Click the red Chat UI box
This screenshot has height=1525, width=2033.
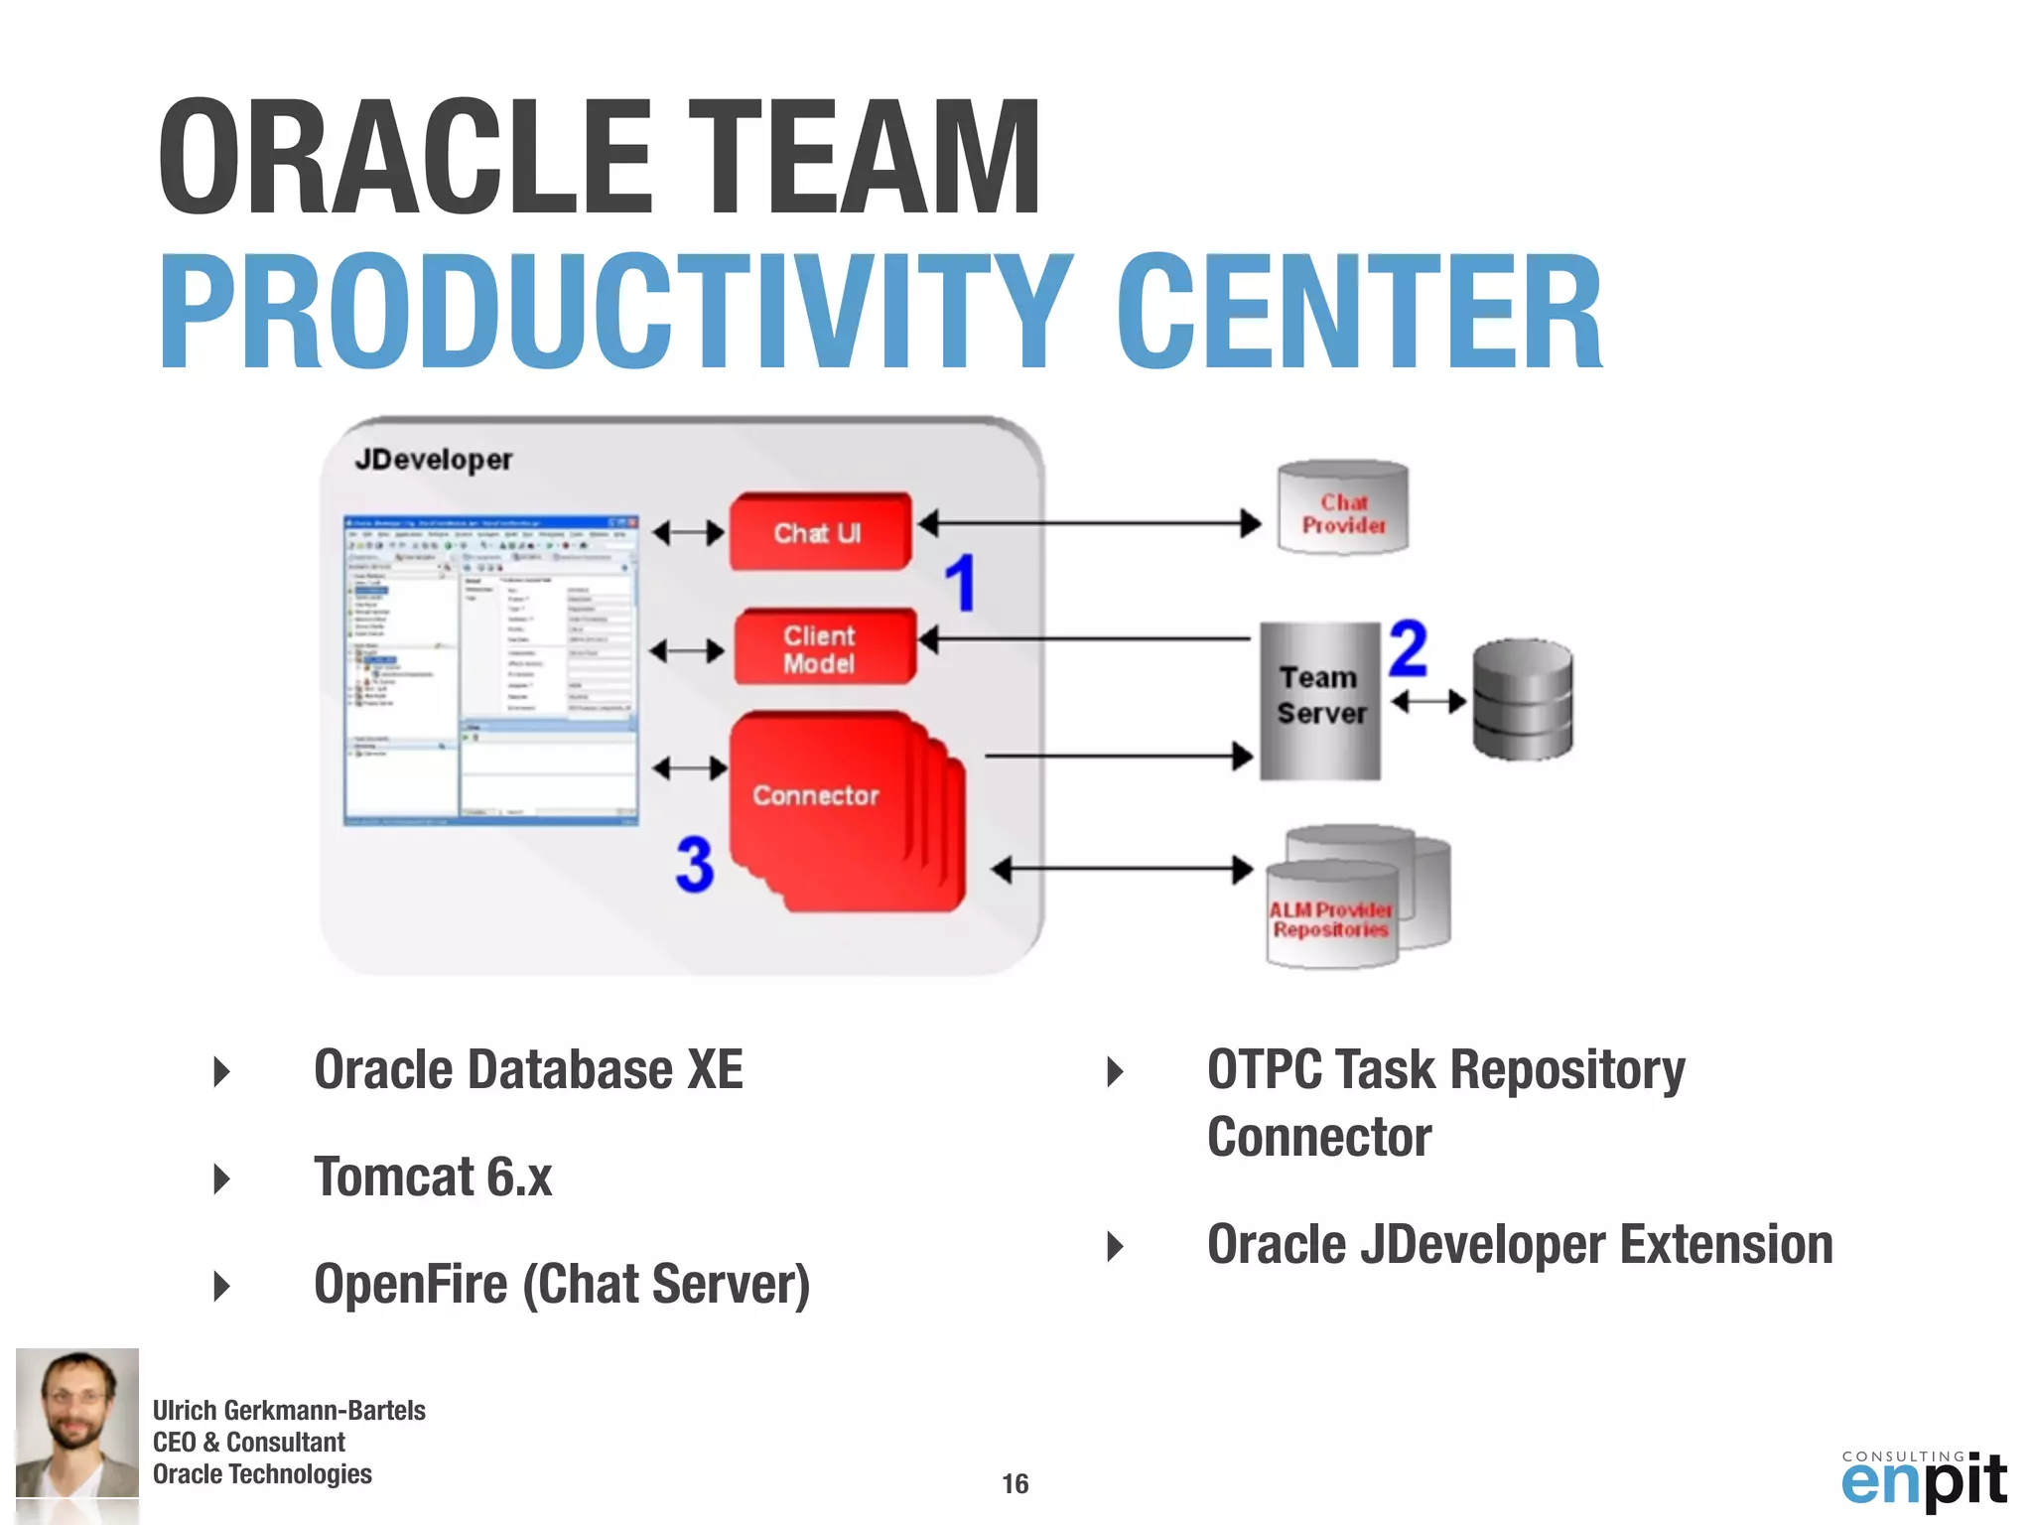coord(820,532)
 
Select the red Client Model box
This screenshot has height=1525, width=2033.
coord(823,648)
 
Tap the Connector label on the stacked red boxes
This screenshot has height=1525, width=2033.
coord(816,795)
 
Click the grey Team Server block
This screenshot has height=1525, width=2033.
coord(1320,700)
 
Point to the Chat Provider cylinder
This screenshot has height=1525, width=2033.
coord(1342,508)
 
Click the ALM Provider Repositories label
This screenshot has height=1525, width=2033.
coord(1330,919)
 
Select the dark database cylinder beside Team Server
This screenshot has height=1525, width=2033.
coord(1521,701)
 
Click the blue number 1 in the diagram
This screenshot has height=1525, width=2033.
coord(960,583)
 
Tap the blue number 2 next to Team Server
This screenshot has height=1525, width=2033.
coord(1408,648)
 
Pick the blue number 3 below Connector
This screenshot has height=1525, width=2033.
coord(695,864)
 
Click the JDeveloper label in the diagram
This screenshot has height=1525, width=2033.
coord(433,460)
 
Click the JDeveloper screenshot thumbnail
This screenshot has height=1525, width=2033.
coord(490,670)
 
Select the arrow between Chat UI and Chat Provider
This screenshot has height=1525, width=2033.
coord(1089,522)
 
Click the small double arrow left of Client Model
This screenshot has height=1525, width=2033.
coord(687,651)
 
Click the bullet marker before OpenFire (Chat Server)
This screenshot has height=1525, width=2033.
coord(222,1286)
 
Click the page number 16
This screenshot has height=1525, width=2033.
coord(1015,1483)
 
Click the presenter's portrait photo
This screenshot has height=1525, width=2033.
coord(77,1423)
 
